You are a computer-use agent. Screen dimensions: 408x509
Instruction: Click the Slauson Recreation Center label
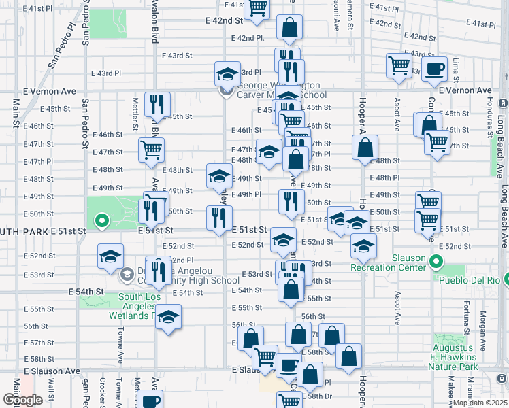pos(388,262)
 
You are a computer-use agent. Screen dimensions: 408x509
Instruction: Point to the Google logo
pos(22,399)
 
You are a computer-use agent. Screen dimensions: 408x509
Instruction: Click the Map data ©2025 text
pos(480,403)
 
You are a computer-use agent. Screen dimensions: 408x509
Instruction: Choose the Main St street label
pos(15,113)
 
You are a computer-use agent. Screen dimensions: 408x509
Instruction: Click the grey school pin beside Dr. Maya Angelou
pos(127,275)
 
